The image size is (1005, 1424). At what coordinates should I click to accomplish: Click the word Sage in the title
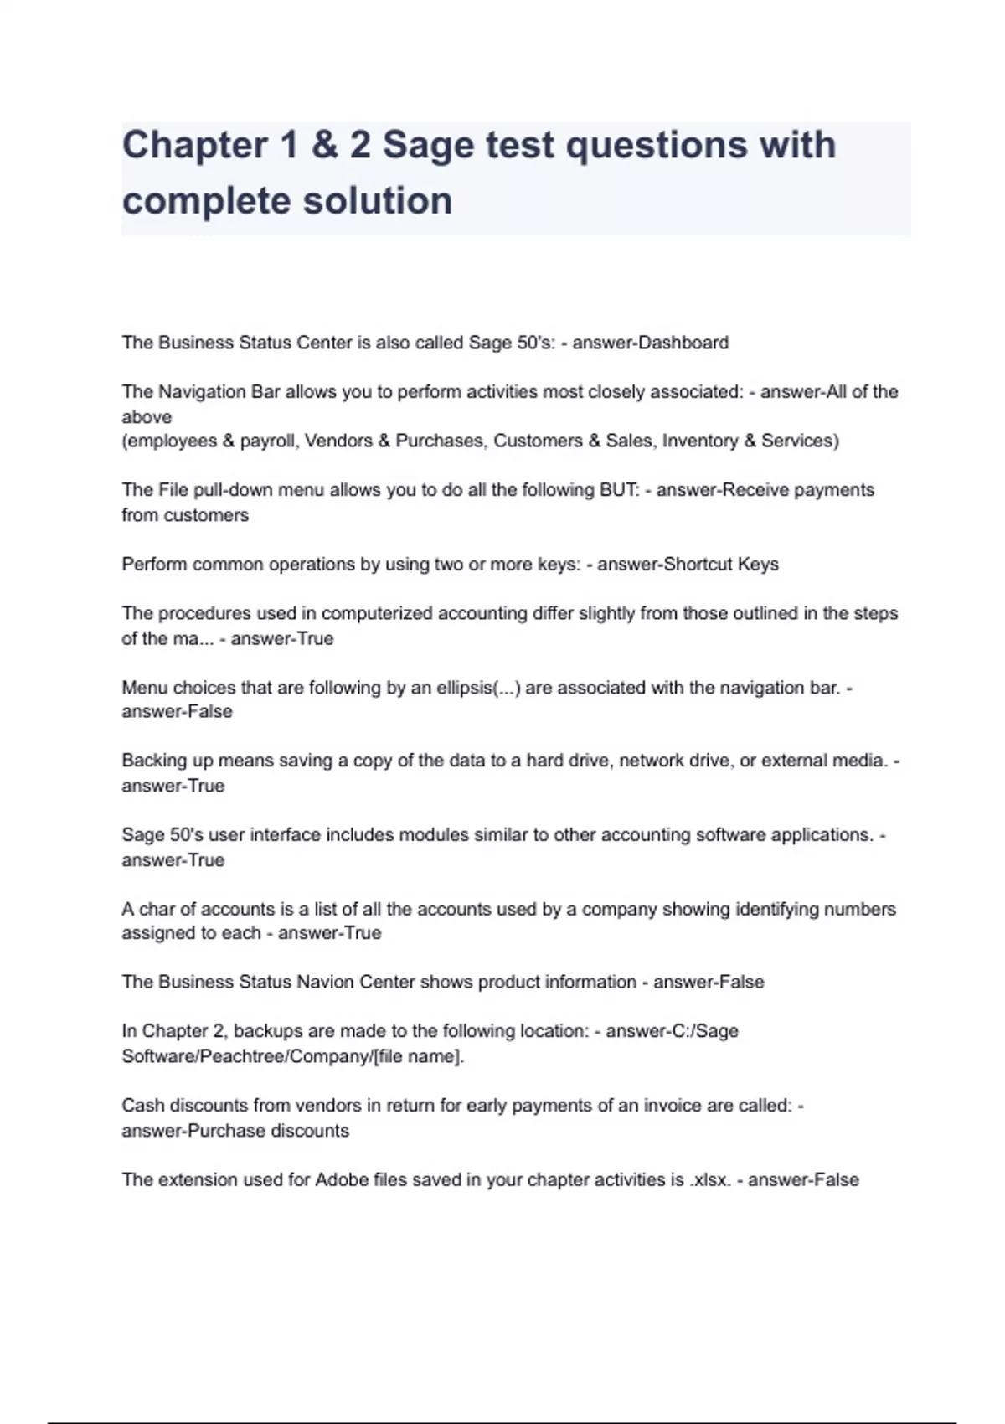pyautogui.click(x=429, y=145)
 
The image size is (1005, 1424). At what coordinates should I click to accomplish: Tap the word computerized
pyautogui.click(x=373, y=613)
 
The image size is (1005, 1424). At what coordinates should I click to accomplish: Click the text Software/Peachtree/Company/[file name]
pyautogui.click(x=292, y=1056)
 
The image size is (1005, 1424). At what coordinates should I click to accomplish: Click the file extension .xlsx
pyautogui.click(x=710, y=1180)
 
